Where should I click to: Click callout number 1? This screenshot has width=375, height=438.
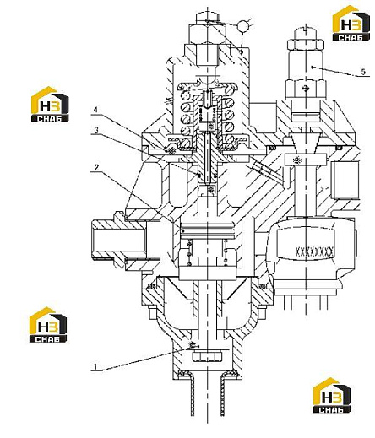pyautogui.click(x=95, y=366)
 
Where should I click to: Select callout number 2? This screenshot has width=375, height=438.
pyautogui.click(x=96, y=168)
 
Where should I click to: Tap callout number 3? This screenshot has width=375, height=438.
pyautogui.click(x=96, y=130)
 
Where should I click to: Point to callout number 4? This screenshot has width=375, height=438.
pyautogui.click(x=95, y=110)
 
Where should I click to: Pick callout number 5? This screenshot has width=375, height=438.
pyautogui.click(x=363, y=72)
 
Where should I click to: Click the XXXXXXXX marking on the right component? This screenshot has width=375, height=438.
pyautogui.click(x=314, y=250)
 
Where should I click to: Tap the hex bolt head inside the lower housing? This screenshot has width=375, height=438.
pyautogui.click(x=207, y=356)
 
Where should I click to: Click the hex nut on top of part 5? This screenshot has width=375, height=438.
pyautogui.click(x=306, y=45)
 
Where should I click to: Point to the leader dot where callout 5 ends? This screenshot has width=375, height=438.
pyautogui.click(x=312, y=67)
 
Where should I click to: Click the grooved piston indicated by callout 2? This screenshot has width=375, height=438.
pyautogui.click(x=207, y=230)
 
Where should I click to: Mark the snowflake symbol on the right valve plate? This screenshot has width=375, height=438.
pyautogui.click(x=296, y=160)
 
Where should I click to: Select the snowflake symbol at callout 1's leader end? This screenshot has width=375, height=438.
pyautogui.click(x=193, y=345)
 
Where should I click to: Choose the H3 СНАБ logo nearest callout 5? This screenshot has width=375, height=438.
pyautogui.click(x=351, y=23)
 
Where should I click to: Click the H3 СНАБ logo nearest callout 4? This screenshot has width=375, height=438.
pyautogui.click(x=50, y=104)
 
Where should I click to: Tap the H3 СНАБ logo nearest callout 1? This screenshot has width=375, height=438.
pyautogui.click(x=48, y=325)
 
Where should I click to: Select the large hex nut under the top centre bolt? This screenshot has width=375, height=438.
pyautogui.click(x=207, y=34)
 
